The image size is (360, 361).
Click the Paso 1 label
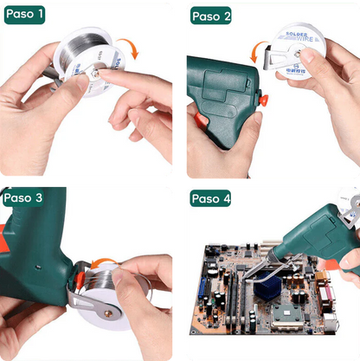point(25,15)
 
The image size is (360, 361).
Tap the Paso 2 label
point(211,16)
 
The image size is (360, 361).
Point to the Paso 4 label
point(211,199)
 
